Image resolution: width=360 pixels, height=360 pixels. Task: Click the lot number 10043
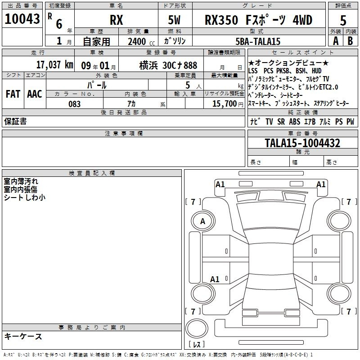tap(22, 19)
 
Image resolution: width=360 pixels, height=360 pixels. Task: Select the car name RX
tap(117, 20)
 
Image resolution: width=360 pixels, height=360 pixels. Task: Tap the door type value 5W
tap(174, 20)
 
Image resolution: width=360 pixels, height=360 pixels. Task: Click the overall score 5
tap(343, 21)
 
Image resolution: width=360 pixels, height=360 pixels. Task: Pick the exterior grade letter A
tap(336, 41)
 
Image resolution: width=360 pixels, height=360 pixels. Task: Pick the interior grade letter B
tap(350, 41)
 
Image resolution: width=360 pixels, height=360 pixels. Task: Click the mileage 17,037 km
tap(54, 65)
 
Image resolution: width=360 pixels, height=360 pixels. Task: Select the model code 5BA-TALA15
tap(258, 41)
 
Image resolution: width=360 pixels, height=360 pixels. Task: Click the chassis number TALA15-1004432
tap(302, 143)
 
